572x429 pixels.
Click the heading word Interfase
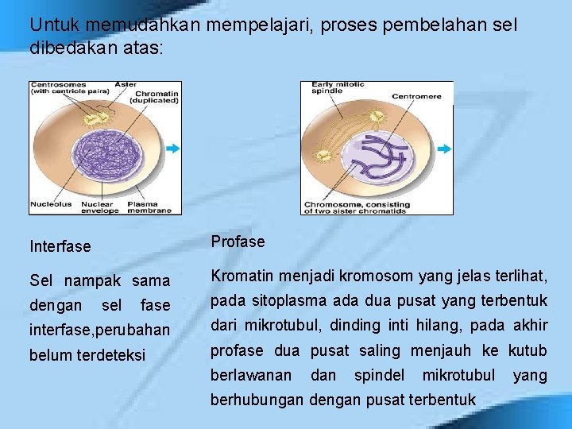pos(60,247)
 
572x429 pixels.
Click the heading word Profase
pos(238,242)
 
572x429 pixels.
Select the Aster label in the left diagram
pos(126,84)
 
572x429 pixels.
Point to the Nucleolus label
pos(51,204)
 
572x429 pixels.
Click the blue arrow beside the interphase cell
pos(172,149)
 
